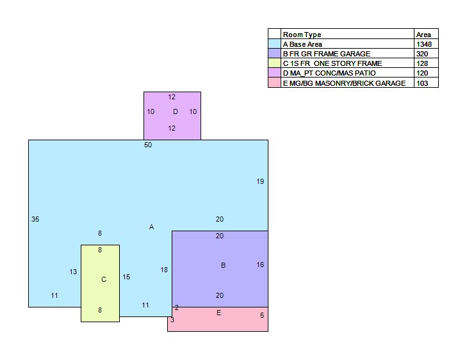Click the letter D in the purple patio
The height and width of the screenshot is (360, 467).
176,111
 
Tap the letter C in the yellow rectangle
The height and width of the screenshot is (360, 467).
104,279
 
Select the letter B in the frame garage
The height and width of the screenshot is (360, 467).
224,265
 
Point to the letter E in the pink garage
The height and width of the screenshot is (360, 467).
219,313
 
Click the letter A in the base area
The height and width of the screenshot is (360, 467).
152,227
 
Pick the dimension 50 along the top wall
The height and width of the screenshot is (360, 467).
148,145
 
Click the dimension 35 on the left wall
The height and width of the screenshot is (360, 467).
35,219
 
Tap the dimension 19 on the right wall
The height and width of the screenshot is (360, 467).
260,181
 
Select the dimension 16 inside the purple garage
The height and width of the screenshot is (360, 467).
260,265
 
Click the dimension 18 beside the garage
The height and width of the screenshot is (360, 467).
164,270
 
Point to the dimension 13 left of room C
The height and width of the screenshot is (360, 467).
73,272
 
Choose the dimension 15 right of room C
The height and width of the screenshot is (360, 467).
126,277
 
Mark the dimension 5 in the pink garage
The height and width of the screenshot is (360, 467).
262,315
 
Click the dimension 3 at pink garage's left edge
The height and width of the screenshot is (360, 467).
172,320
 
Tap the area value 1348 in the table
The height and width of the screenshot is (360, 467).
424,44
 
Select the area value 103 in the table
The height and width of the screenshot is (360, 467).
422,83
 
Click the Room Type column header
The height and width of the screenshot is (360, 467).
302,35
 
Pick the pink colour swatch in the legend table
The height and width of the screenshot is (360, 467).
274,83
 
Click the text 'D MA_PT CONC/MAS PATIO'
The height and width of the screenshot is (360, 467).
329,73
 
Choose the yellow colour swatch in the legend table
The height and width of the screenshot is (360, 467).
274,63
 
